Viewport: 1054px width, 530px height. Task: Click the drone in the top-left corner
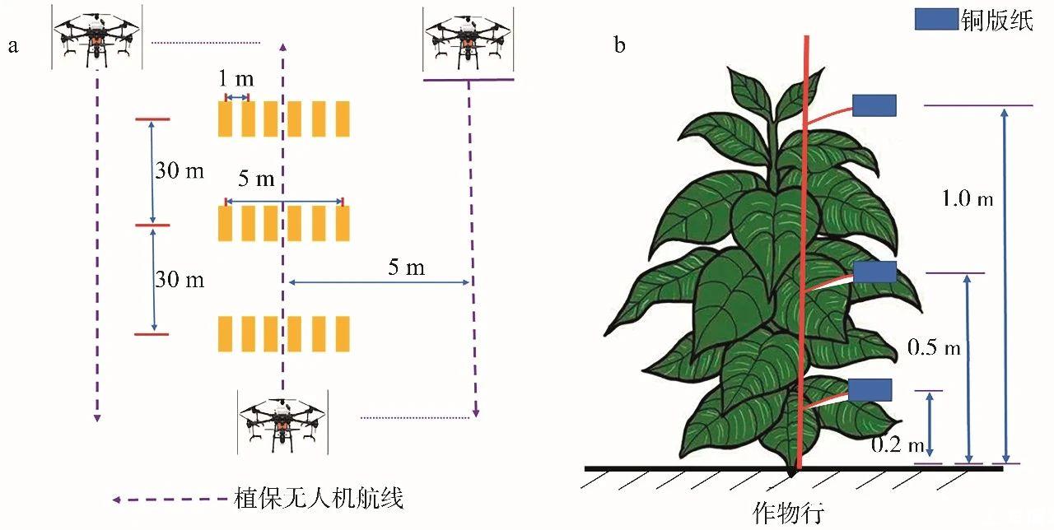(x=96, y=38)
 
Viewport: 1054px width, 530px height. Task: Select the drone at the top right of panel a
(x=468, y=39)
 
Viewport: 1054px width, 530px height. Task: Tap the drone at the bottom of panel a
(x=282, y=421)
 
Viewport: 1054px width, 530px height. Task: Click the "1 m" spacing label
(x=236, y=80)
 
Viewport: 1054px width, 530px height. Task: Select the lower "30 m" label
(x=180, y=280)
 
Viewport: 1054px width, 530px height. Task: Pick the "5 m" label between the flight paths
(x=406, y=266)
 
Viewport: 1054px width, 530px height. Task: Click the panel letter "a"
(x=12, y=46)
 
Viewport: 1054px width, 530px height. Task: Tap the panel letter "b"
(x=619, y=45)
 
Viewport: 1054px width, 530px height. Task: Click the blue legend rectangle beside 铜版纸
(x=936, y=20)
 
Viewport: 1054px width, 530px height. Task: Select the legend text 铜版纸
(x=996, y=21)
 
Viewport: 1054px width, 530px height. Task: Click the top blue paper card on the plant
(x=874, y=105)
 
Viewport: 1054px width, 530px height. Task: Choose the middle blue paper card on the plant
(x=874, y=272)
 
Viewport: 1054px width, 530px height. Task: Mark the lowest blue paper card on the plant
(x=870, y=389)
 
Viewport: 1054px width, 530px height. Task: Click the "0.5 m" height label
(x=934, y=347)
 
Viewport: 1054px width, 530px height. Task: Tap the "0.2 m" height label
(x=898, y=445)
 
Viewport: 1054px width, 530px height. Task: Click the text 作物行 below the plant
(x=787, y=513)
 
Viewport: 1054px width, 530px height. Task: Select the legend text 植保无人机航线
(x=319, y=499)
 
